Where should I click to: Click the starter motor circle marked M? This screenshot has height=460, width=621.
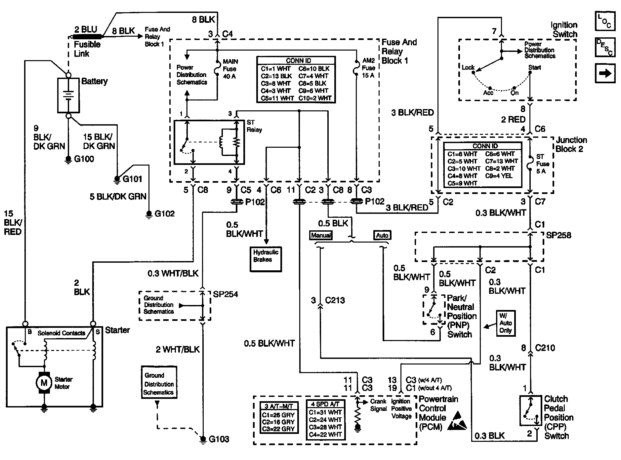pos(44,383)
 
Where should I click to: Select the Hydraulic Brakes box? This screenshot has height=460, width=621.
pos(266,259)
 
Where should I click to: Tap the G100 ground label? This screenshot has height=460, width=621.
pos(84,159)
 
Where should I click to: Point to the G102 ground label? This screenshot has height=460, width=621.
pos(164,213)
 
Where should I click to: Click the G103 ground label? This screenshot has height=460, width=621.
pos(219,439)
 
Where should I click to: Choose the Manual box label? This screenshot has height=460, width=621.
pos(321,235)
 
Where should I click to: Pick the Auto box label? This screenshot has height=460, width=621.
pos(382,235)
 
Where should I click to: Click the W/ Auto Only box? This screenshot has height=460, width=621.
pos(506,323)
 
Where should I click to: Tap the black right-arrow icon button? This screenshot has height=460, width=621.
pos(605,73)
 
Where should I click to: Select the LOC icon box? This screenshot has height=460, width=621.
pos(605,21)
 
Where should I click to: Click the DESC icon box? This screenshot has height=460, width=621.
pos(605,47)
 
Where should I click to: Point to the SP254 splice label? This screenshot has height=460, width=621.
pos(226,294)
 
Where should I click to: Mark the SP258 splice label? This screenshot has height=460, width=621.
pos(559,235)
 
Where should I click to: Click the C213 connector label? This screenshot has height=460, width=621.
pos(335,300)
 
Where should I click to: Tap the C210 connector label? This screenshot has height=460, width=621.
pos(545,348)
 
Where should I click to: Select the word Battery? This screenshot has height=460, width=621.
pos(95,81)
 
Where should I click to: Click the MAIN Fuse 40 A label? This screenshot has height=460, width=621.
pos(230,69)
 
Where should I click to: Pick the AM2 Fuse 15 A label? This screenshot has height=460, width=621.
pos(368,68)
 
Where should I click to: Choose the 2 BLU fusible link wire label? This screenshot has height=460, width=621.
pos(86,29)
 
